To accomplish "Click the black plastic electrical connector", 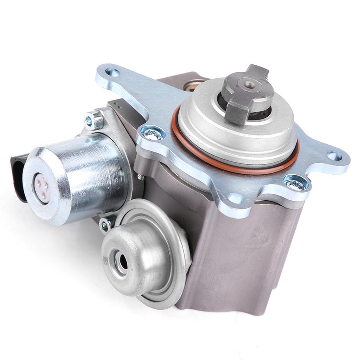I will (x=18, y=176).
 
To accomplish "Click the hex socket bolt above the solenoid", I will (x=94, y=121).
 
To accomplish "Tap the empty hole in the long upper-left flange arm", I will (x=112, y=73).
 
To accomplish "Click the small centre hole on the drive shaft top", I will (x=250, y=85).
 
